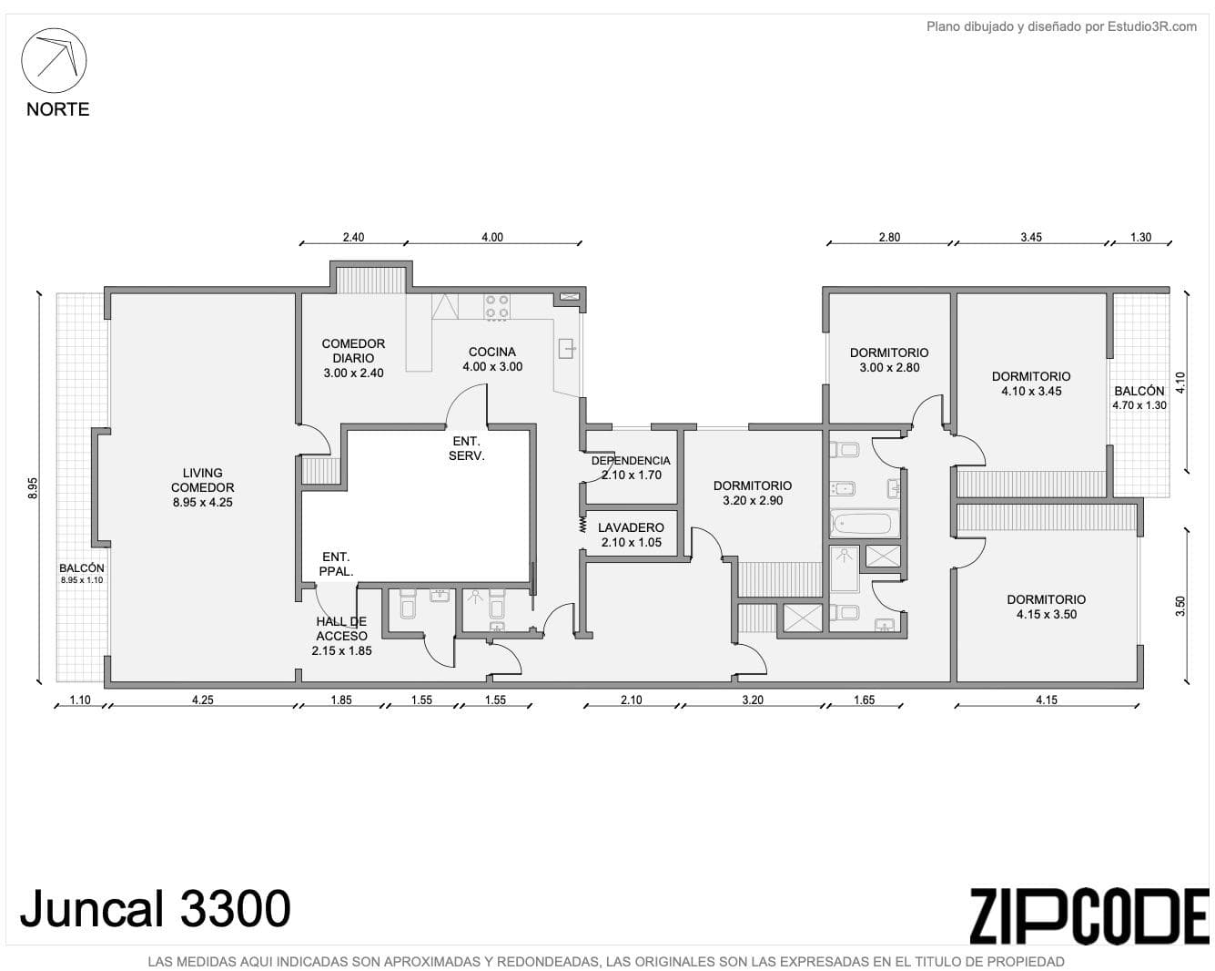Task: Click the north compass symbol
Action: coord(54,60)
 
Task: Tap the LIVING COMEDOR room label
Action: coord(202,487)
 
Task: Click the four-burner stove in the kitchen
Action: coord(497,308)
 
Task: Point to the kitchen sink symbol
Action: coord(567,348)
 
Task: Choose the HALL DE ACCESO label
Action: coord(341,636)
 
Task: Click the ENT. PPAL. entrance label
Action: coord(336,564)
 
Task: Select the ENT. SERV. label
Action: coord(466,448)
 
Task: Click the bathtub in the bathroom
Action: coord(865,524)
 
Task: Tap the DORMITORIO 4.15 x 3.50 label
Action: coord(1047,607)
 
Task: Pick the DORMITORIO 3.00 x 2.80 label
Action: coord(889,360)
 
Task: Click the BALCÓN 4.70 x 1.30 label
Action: coord(1139,397)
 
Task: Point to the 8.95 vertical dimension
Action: coord(33,487)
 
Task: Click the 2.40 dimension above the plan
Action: coord(353,237)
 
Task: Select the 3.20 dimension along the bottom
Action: coord(753,700)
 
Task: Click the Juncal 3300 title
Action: coord(156,909)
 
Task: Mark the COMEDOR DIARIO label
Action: coord(353,358)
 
